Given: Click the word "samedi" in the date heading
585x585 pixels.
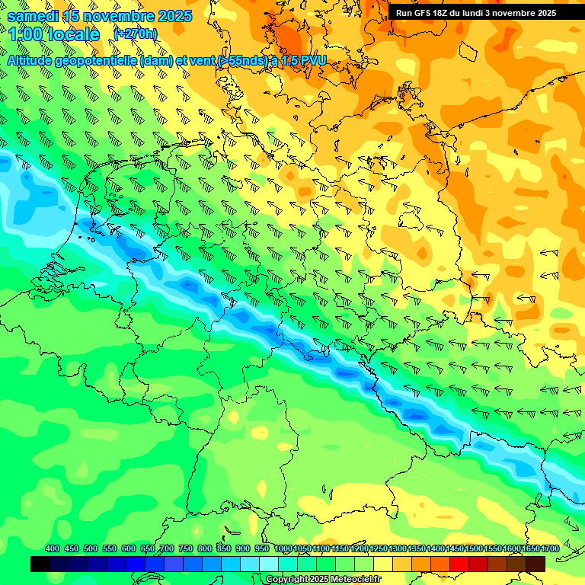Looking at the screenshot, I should click(x=33, y=16).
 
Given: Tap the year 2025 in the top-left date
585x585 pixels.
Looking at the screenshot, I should click(x=171, y=16).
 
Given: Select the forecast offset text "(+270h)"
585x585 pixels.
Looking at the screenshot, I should click(x=135, y=34).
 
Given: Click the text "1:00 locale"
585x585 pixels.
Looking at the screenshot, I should click(x=54, y=34).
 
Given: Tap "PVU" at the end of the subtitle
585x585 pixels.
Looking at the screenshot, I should click(x=312, y=60).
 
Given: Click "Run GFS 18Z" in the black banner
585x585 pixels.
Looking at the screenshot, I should click(x=424, y=13).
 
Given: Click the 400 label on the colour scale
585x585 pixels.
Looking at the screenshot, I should click(x=53, y=548).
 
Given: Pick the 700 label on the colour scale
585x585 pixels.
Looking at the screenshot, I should click(x=167, y=548).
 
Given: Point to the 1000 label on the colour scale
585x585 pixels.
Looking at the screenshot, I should click(x=283, y=548).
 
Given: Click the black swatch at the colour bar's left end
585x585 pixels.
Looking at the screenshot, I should click(x=40, y=564).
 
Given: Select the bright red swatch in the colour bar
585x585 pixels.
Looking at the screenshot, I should click(x=459, y=564).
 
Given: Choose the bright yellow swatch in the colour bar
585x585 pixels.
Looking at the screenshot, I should click(x=383, y=564).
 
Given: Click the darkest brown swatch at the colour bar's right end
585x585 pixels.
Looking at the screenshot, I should click(x=535, y=564).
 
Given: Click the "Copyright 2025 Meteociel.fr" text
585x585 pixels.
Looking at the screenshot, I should click(x=323, y=580).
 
